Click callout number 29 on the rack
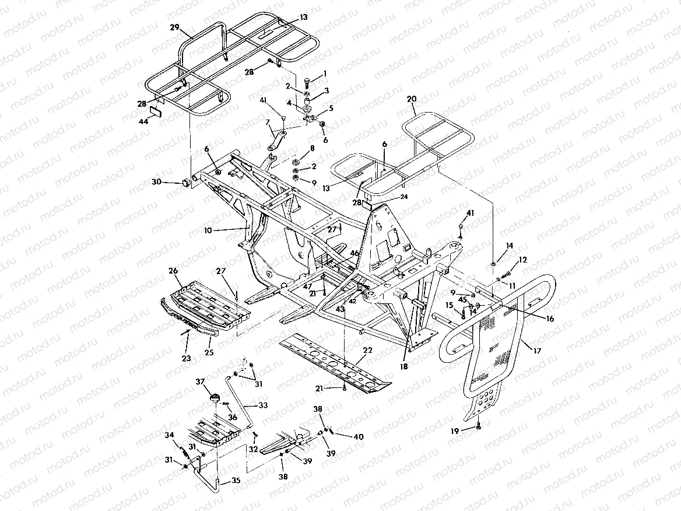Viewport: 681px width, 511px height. point(173,27)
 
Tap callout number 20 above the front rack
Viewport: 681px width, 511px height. point(412,99)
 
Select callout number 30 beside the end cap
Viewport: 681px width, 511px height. point(156,182)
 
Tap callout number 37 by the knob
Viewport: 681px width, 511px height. point(200,382)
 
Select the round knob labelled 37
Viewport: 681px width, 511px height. point(215,399)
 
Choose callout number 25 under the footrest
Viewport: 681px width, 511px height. point(209,353)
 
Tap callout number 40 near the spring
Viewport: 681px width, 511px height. point(359,436)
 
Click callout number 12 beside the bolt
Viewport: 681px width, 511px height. point(522,259)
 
